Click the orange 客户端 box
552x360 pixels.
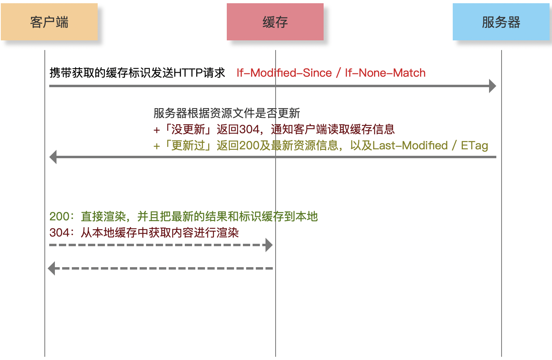(x=49, y=22)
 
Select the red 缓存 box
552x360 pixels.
(x=275, y=22)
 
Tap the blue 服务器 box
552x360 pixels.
(x=501, y=22)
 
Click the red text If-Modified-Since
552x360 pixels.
(x=284, y=73)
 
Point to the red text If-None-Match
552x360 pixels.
(x=385, y=73)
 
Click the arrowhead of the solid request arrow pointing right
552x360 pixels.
(x=493, y=86)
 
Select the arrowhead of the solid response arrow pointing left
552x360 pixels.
(x=53, y=157)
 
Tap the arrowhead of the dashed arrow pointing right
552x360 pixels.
(x=269, y=245)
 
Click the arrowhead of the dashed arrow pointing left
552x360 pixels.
(x=51, y=268)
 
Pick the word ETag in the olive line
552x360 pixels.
(x=475, y=146)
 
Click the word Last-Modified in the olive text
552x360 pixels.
(x=410, y=146)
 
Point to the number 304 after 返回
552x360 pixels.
(x=249, y=130)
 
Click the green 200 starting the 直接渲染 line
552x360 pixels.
(x=59, y=217)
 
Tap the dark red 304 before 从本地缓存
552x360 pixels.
(x=59, y=232)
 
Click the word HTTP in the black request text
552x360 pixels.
(x=188, y=73)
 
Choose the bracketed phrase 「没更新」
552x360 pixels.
(x=189, y=130)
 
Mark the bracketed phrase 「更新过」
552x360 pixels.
(x=189, y=146)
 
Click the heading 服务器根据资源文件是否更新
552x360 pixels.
(x=227, y=113)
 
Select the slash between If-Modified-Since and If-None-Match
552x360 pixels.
(x=339, y=73)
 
